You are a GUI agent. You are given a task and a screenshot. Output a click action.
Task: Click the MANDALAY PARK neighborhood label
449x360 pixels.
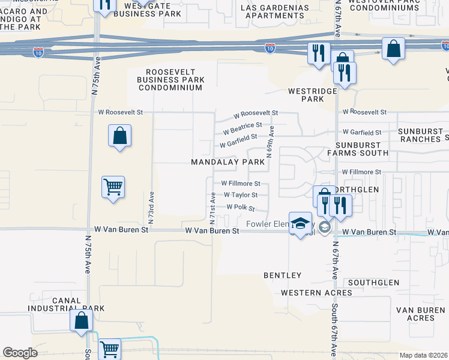(228, 162)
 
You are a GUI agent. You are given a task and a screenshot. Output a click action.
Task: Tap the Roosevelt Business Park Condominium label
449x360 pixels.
(170, 79)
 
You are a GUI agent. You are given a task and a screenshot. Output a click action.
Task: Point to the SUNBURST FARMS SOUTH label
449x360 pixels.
(363, 149)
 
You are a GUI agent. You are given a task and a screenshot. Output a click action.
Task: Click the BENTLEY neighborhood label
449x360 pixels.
(282, 275)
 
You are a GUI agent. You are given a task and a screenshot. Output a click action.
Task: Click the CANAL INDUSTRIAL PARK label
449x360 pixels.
(66, 304)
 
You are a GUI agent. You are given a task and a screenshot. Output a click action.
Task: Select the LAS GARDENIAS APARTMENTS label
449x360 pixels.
(275, 11)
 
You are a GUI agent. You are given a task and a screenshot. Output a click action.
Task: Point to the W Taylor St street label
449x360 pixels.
(241, 195)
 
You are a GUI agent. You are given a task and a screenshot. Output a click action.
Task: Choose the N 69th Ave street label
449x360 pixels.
(271, 140)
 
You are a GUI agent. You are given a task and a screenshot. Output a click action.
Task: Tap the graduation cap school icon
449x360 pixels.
(300, 223)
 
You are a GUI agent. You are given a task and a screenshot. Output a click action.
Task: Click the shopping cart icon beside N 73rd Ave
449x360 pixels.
(113, 188)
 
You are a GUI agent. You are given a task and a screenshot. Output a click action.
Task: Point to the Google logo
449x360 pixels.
(20, 353)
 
